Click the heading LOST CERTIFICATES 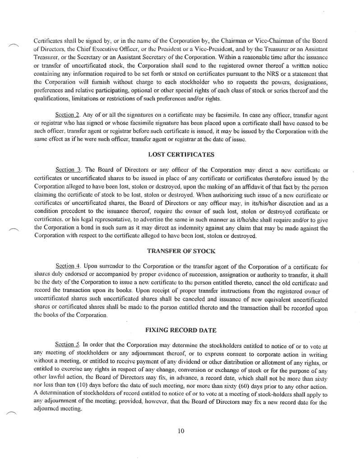tap(180, 155)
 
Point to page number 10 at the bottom tap(180, 431)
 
